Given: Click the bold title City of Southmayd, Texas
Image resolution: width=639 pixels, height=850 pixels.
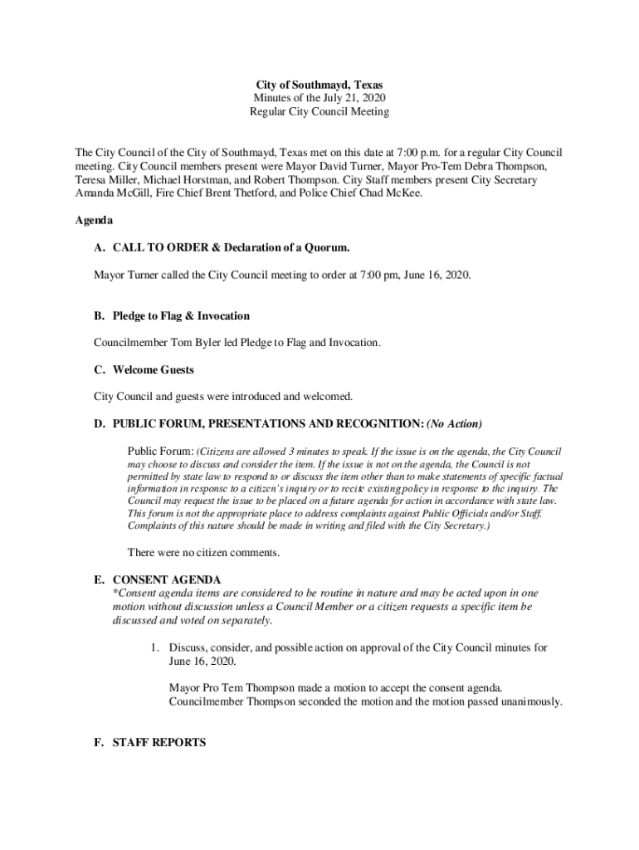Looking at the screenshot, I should (x=319, y=85).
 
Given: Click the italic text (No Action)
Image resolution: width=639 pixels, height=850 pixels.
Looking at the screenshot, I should (x=454, y=424).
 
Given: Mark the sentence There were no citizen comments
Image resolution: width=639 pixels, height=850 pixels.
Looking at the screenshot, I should (x=203, y=552).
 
